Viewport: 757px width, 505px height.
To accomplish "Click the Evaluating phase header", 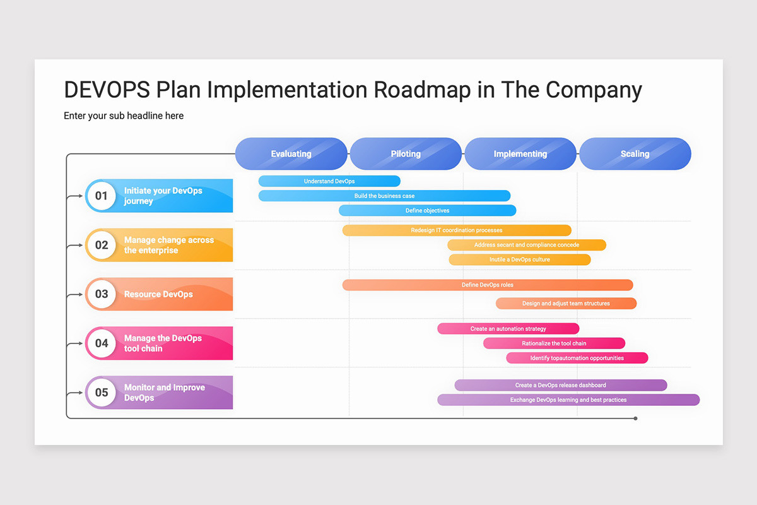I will (291, 154).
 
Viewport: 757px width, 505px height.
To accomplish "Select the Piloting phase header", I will (406, 154).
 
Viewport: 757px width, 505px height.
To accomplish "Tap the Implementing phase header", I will (520, 154).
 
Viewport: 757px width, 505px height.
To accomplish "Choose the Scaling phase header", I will (635, 154).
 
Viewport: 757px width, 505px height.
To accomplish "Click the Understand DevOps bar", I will (329, 181).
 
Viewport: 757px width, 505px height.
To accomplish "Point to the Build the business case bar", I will (384, 196).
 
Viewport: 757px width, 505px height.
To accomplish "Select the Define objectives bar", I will (427, 210).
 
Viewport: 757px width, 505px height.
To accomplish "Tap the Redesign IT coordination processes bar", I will (457, 230).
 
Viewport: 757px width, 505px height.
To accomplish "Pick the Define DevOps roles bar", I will (487, 285).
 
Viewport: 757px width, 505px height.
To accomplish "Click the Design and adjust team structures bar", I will (566, 304).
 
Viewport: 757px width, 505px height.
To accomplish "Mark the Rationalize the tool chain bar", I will (554, 343).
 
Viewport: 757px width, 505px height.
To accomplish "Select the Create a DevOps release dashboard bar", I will (560, 385).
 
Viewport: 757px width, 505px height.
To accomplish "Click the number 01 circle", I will (102, 196).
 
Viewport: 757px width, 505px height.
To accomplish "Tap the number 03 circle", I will (102, 294).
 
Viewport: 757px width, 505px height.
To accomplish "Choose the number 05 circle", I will (102, 393).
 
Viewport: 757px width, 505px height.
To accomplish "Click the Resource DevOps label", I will (158, 294).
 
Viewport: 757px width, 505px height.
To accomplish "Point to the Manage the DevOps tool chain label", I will (163, 343).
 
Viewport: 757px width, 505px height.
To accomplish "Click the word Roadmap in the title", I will (422, 90).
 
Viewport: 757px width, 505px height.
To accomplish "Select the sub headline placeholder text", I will (124, 116).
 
